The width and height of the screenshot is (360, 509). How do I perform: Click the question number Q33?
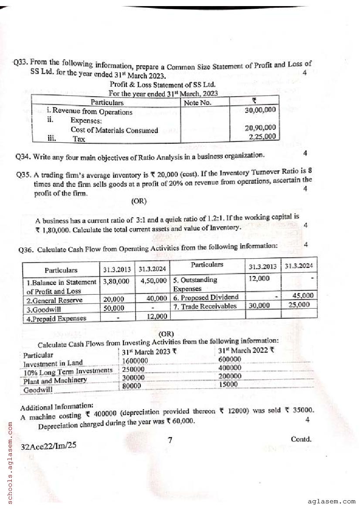point(20,63)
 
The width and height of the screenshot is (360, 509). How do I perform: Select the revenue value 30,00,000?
point(260,110)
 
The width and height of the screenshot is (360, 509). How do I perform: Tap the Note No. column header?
point(197,103)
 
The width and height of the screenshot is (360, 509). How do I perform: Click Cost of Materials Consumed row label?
point(114,130)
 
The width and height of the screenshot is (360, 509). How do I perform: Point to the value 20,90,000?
point(260,128)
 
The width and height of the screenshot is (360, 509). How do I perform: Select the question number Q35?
point(24,175)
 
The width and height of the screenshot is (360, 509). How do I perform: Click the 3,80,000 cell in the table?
point(116,281)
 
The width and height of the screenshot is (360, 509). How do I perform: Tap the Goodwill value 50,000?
point(113,308)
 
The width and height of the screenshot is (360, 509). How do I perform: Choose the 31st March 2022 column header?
point(246,350)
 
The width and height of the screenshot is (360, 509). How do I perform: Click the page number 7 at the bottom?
point(170,440)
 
